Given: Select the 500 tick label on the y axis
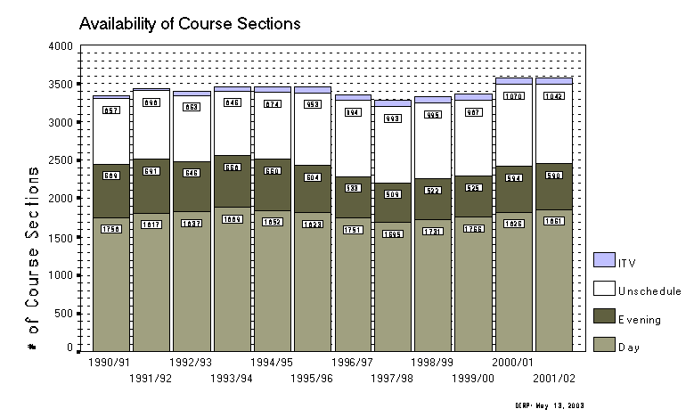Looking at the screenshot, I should point(61,313).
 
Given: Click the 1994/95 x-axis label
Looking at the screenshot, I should point(271,364).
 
